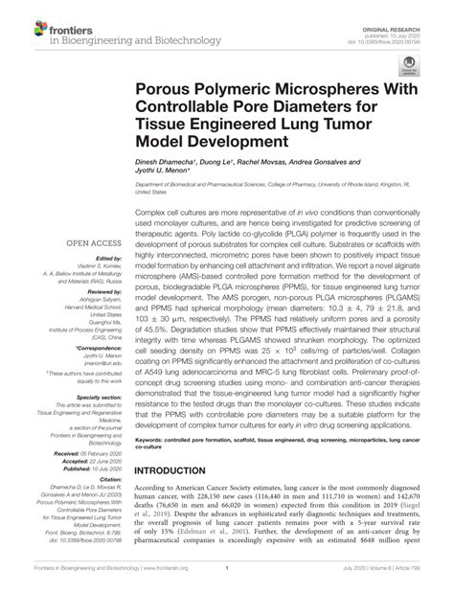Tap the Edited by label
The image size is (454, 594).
108,258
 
